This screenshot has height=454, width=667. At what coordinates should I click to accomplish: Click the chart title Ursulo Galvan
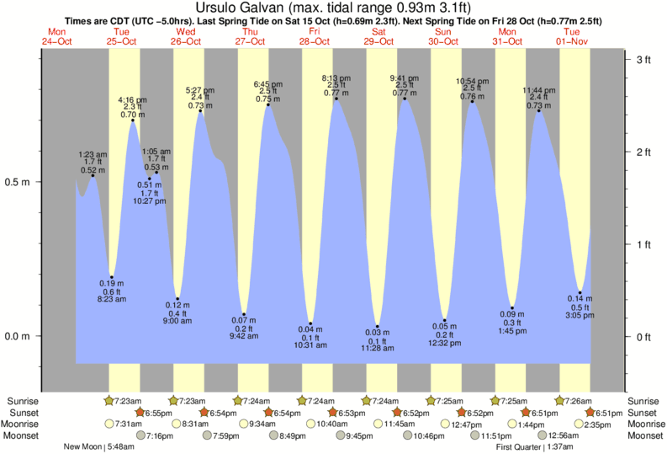pos(333,8)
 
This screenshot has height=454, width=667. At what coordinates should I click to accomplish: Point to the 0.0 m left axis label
pos(19,337)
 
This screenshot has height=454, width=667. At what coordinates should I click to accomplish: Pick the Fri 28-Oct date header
pos(314,37)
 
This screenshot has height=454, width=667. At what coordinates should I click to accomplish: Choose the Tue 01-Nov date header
pos(572,37)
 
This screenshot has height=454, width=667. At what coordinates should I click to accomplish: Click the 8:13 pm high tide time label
pos(336,77)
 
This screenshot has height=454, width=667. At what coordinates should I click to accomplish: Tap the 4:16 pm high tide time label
pos(132,99)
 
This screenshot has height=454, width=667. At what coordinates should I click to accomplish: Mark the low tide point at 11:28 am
pos(378,327)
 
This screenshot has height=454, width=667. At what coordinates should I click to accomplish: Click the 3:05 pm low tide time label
pos(580,316)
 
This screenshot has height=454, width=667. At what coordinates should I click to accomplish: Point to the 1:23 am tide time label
pos(93,154)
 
